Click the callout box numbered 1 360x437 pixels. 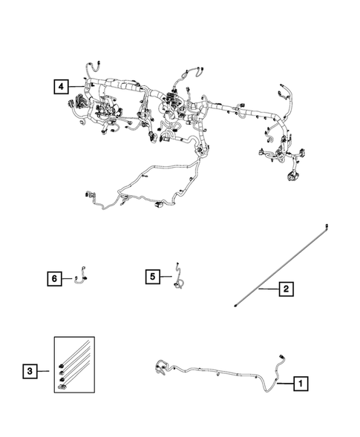(301, 384)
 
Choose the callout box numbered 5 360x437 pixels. (152, 277)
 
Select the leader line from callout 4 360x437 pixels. (74, 87)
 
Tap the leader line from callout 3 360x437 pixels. (47, 369)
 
